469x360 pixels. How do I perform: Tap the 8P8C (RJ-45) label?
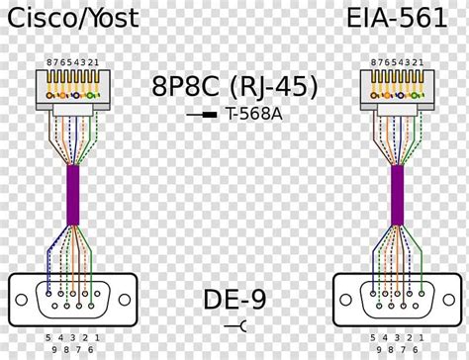(x=234, y=87)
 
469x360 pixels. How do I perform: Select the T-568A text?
(x=256, y=115)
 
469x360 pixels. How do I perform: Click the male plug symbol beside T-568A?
(x=204, y=116)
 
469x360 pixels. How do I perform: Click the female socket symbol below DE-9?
(x=234, y=325)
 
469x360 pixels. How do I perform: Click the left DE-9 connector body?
(x=72, y=294)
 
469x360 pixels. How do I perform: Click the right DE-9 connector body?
(x=396, y=294)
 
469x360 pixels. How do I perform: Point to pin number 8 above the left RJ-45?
(x=49, y=62)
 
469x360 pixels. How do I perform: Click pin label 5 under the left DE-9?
(x=46, y=337)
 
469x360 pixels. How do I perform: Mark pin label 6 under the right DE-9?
(x=416, y=349)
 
